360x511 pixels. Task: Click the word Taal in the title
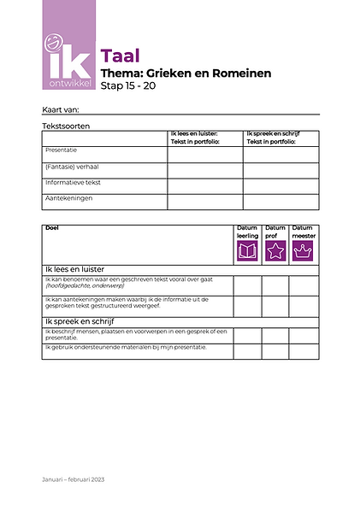click(120, 57)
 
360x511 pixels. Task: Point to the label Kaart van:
click(60, 109)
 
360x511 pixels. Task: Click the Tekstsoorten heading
click(66, 126)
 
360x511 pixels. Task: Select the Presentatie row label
click(62, 150)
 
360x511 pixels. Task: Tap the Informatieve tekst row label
click(73, 183)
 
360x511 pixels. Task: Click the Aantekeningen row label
click(69, 198)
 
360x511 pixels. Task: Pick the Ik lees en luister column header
click(195, 138)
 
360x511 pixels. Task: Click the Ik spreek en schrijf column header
click(272, 138)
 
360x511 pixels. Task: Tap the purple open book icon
click(247, 250)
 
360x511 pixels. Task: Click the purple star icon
click(275, 250)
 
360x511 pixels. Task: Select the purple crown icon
click(303, 250)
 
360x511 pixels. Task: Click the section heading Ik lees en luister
click(74, 269)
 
